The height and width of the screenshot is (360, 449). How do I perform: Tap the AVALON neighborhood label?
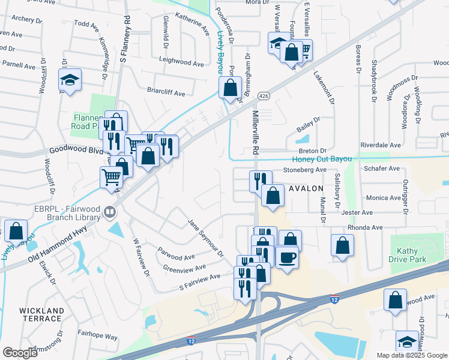coord(307,188)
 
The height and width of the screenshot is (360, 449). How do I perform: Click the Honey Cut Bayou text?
coord(322,159)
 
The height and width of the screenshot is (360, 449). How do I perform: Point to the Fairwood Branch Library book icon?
coord(109,211)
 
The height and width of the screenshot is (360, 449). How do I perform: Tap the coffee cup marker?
coord(286,257)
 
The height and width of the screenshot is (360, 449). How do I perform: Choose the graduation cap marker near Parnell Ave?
coord(70,80)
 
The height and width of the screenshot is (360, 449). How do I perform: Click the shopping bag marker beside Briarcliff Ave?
coord(230,88)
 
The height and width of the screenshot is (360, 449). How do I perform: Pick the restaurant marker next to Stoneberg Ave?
coord(261,179)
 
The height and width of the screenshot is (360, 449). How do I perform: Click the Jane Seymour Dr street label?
coord(205,237)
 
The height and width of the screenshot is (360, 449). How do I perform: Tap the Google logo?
coord(20,352)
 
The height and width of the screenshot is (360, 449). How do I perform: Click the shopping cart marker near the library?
coord(111,177)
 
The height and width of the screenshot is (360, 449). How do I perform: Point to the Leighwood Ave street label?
coord(181,62)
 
